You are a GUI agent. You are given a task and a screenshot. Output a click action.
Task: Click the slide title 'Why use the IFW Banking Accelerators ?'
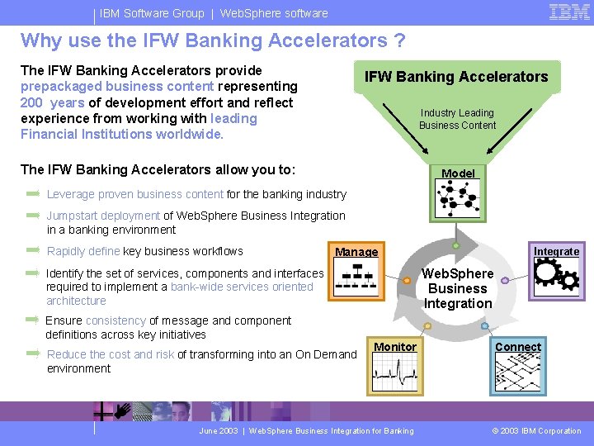click(x=213, y=40)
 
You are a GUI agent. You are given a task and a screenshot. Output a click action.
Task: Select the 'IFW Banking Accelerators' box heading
click(x=456, y=77)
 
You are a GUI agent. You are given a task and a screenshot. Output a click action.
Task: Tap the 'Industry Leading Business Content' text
click(x=457, y=119)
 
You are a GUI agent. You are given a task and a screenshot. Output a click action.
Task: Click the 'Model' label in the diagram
click(x=458, y=173)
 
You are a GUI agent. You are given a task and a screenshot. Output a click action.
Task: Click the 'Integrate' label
click(x=556, y=251)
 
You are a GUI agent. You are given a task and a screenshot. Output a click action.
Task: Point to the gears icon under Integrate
click(x=556, y=275)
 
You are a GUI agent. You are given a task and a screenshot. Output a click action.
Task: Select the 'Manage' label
click(x=356, y=252)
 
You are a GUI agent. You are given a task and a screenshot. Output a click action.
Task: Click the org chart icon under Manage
click(x=356, y=278)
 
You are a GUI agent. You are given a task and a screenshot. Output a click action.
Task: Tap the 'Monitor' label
click(x=395, y=347)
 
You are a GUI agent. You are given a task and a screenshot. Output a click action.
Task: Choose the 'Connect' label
click(x=518, y=347)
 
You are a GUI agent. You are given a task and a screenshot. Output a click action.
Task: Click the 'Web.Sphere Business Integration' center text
click(x=458, y=288)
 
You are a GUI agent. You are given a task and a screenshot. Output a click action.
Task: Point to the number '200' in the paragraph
click(x=31, y=102)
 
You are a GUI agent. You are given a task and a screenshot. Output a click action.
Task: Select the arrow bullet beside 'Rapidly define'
click(x=33, y=249)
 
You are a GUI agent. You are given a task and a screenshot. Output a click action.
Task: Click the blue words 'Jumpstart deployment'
click(x=103, y=216)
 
